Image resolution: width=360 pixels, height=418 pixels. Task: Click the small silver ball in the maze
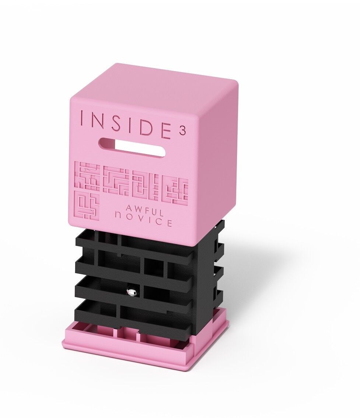click(132, 291)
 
